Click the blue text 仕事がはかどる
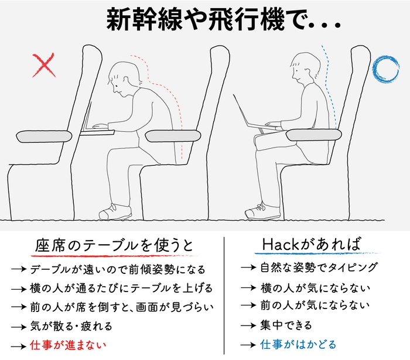(x=299, y=345)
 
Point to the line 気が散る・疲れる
(x=70, y=326)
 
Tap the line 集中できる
(x=286, y=325)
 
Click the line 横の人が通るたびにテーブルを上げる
(x=121, y=289)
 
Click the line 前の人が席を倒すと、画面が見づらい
(x=121, y=307)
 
